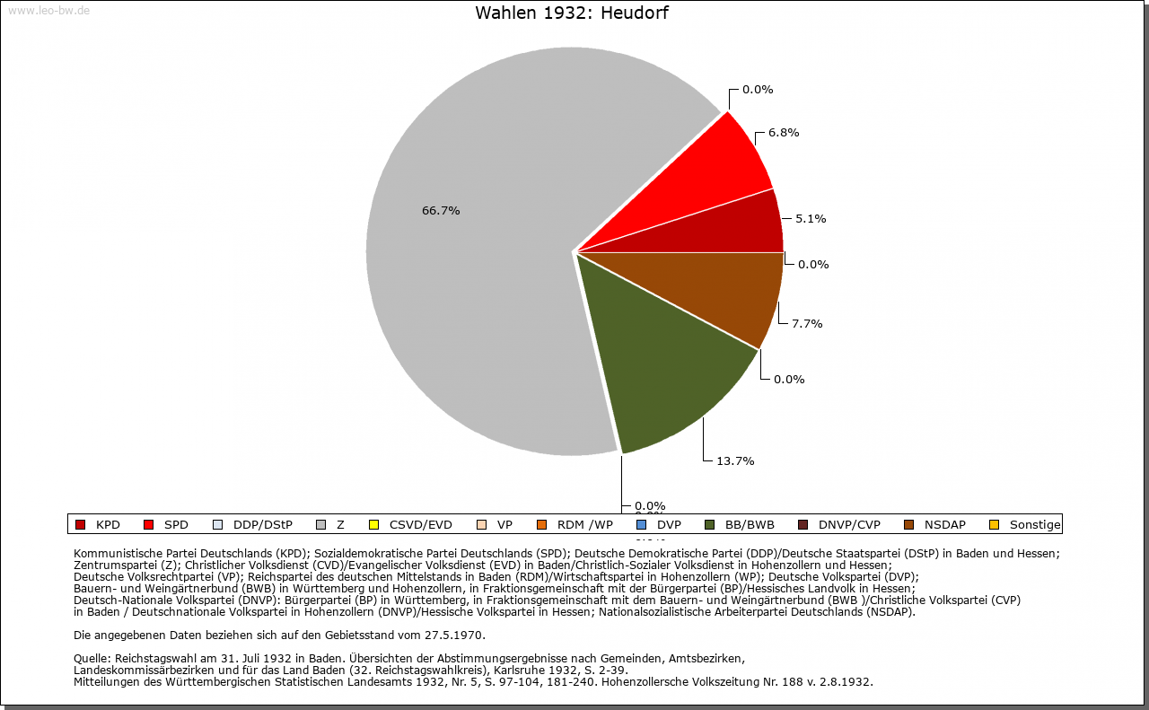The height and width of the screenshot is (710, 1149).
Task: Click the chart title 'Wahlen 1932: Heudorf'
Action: [571, 13]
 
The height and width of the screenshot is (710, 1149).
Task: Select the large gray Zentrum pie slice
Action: [476, 269]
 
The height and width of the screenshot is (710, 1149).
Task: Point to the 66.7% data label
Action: [441, 211]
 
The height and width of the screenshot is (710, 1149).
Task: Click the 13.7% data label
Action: [734, 461]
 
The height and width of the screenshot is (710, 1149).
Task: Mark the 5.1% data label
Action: [811, 218]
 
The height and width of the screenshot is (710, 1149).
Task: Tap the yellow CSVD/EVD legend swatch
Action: [374, 525]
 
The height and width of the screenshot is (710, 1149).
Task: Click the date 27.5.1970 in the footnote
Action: [453, 635]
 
